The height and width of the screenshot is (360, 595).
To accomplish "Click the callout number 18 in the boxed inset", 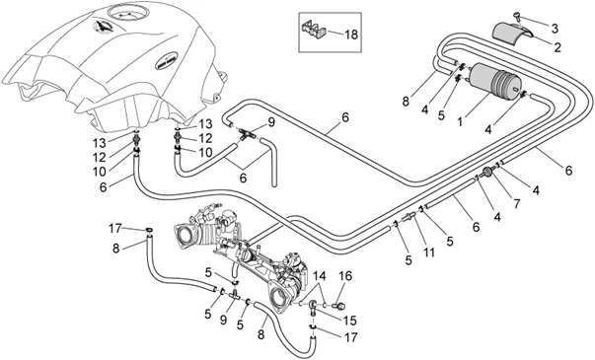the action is pos(351,35).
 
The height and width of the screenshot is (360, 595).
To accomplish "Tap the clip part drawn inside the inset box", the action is pos(313,31).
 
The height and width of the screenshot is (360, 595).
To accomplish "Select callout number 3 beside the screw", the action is pos(555,28).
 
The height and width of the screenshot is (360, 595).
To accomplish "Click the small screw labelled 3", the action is pos(517,16).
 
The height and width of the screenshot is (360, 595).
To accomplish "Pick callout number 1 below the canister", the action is pos(460,122).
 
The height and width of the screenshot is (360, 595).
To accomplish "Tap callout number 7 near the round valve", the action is pos(517,204).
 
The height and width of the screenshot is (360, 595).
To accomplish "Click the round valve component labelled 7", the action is pos(487,173).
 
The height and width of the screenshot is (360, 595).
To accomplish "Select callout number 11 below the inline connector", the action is pos(429,252).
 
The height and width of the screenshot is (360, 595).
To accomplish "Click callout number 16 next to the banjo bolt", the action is pos(345,276).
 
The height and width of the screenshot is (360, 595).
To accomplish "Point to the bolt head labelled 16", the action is pos(338,305).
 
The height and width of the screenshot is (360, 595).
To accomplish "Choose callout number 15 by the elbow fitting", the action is pos(349,321).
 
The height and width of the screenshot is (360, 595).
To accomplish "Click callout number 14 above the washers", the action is pos(320,276).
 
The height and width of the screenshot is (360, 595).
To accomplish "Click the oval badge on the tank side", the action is pos(166,61).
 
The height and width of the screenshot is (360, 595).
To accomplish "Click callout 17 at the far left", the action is pos(115,229).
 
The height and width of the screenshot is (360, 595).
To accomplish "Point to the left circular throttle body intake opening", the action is pos(185,235).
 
